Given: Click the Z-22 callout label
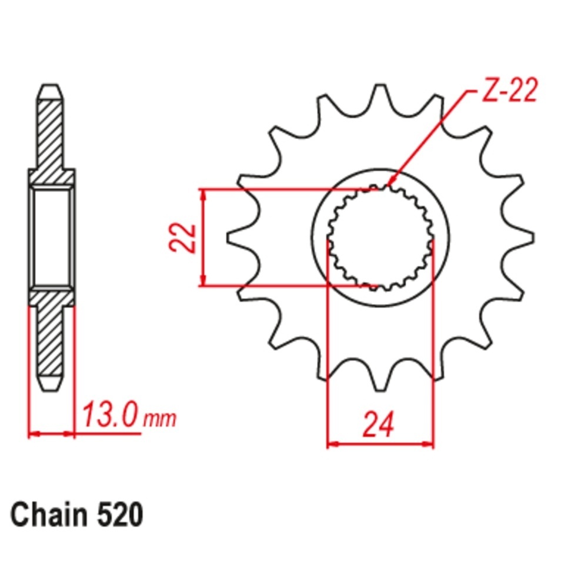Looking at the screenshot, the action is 510,90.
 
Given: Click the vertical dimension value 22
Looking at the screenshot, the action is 183,238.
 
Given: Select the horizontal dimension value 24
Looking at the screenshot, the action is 378,425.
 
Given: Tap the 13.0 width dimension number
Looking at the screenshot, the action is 111,415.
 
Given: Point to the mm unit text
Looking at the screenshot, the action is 160,419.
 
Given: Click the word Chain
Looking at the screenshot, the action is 48,515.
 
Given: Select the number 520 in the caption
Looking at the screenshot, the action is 120,515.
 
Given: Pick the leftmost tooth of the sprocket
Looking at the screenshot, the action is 242,238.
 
